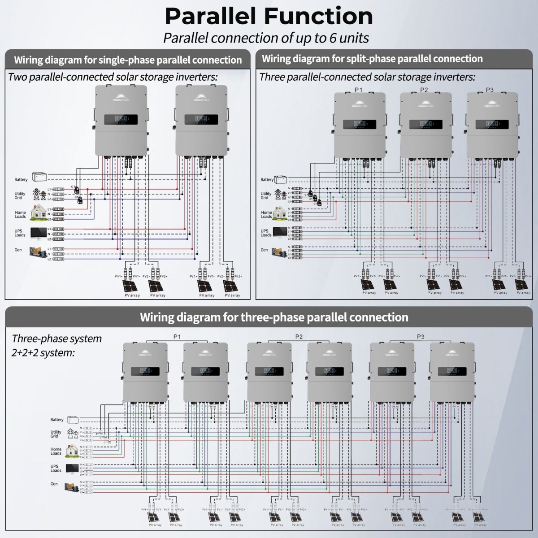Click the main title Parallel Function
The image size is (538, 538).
coord(269,16)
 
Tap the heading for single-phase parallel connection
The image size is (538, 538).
coord(128,60)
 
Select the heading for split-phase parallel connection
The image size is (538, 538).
coord(372,59)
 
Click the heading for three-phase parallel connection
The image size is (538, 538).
coord(274,317)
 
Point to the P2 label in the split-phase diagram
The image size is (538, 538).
coord(424,90)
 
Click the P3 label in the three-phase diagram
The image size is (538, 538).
coord(421,337)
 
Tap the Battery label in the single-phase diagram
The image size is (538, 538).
coord(21,180)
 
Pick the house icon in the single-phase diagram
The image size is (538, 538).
coord(36,213)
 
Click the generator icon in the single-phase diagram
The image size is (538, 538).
coord(36,252)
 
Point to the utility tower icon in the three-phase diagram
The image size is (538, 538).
coord(71,433)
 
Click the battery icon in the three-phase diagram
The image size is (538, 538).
coord(72,420)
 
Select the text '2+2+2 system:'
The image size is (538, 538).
coord(43,353)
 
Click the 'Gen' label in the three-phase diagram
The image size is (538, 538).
coord(54,484)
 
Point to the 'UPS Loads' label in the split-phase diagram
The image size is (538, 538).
coord(266,233)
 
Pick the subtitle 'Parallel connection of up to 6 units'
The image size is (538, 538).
coord(266,38)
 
